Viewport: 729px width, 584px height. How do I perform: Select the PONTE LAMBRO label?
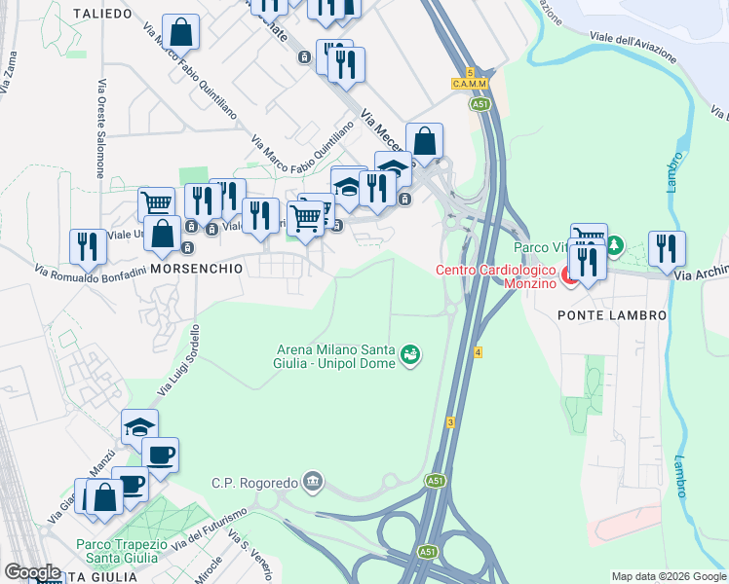pos(612,315)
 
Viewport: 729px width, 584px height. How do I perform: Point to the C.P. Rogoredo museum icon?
pos(311,481)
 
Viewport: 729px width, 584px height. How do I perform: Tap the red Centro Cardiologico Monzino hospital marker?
pos(571,276)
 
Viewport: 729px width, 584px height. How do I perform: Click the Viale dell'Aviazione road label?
pos(632,46)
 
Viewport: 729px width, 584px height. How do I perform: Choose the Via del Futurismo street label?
pos(212,529)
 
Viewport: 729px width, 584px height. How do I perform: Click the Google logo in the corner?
pos(32,571)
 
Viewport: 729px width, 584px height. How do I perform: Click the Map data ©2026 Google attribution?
pos(668,576)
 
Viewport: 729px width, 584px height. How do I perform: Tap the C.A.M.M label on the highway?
pos(469,85)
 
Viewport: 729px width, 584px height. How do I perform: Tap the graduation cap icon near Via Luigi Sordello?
pos(139,426)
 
